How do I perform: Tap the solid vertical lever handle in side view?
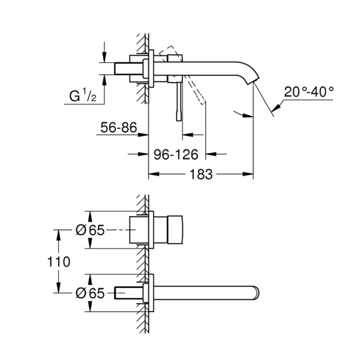178,102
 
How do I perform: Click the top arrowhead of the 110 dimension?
58,232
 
